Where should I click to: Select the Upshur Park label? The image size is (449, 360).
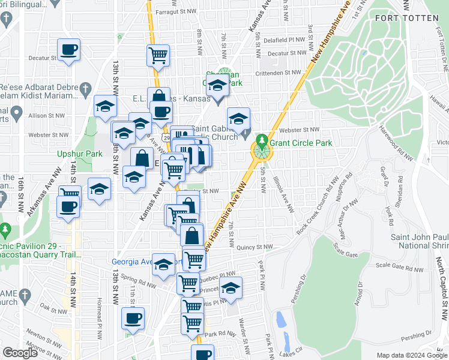click(80, 154)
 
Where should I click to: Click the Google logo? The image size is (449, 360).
click(20, 353)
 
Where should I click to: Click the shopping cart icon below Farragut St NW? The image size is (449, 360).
click(158, 55)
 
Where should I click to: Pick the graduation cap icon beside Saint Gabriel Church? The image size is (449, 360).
click(238, 118)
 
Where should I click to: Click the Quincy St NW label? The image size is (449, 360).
click(255, 247)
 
